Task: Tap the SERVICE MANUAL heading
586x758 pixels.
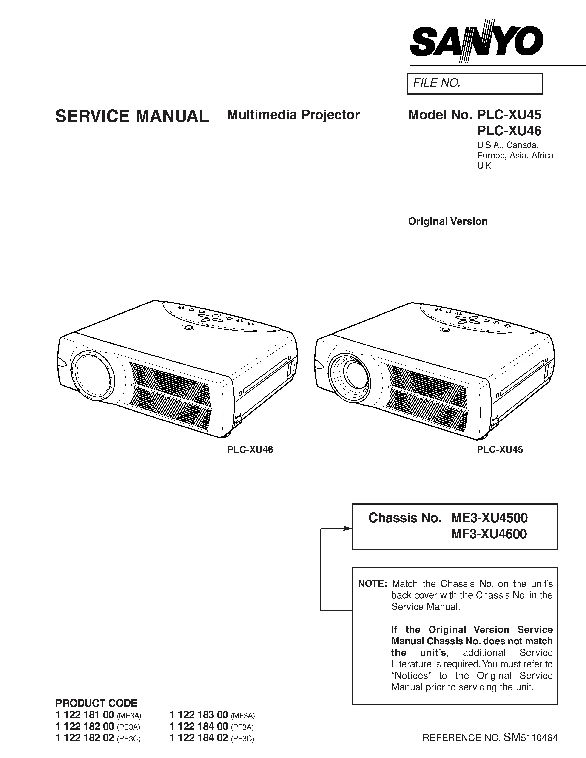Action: [132, 116]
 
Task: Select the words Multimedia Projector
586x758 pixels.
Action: [293, 115]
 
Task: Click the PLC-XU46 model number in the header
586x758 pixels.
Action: [509, 131]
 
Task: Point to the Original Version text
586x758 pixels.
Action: [448, 221]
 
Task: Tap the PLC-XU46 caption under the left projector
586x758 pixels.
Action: [250, 450]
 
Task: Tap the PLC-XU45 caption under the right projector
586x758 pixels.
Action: [500, 450]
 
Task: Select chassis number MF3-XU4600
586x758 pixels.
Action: [489, 534]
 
